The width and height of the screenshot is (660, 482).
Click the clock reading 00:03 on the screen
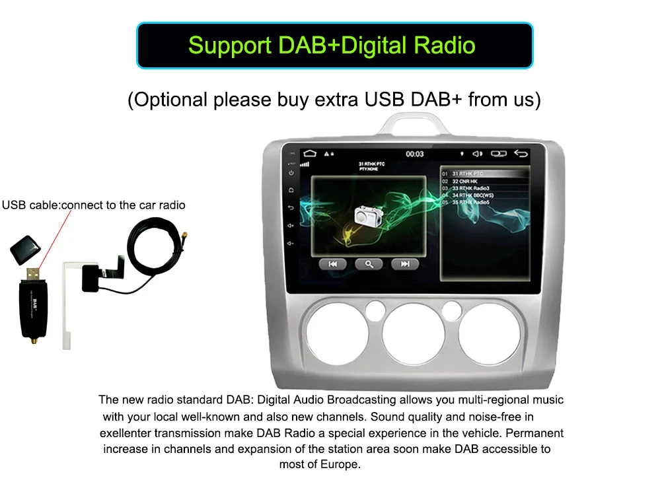pyautogui.click(x=414, y=154)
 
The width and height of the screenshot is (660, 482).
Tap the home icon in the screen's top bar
pyautogui.click(x=310, y=153)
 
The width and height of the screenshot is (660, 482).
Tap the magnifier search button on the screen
pyautogui.click(x=369, y=264)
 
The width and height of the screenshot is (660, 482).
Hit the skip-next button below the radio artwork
pyautogui.click(x=404, y=264)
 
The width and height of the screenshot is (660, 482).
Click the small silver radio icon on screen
pyautogui.click(x=368, y=216)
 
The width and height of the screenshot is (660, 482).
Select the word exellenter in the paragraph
pyautogui.click(x=126, y=433)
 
